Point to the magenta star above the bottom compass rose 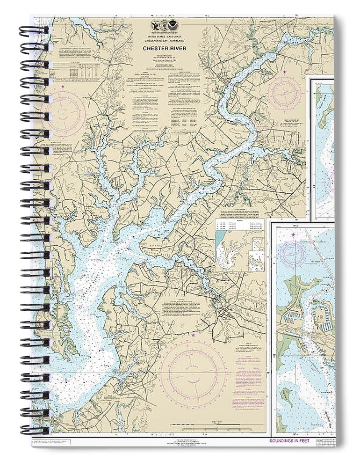point(193,335)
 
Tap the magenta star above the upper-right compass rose point(285,72)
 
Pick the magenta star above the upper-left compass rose point(63,87)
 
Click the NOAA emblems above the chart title point(167,26)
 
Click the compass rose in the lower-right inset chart point(294,253)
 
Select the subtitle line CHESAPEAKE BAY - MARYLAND point(167,41)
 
